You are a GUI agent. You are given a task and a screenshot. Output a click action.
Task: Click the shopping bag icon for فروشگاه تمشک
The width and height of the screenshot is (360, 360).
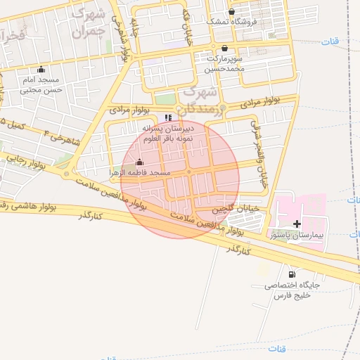(231, 11)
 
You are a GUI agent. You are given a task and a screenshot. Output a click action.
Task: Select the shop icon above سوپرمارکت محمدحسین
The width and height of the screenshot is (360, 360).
(224, 49)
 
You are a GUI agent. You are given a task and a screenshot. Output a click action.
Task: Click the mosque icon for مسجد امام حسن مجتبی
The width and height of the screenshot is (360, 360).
(41, 69)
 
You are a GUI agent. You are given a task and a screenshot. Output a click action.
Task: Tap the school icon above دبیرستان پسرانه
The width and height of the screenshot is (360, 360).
(167, 117)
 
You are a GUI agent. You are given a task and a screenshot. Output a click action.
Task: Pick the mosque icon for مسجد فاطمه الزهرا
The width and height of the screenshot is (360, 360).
(139, 162)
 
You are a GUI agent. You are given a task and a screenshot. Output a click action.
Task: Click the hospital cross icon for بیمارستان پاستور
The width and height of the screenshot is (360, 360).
(297, 224)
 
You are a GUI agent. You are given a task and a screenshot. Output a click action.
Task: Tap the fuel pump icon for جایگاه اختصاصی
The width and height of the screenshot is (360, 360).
(292, 274)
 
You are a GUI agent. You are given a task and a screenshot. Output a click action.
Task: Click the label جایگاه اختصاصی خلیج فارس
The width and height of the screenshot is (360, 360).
(292, 291)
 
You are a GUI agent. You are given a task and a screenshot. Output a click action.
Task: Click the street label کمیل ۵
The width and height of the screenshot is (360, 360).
(15, 125)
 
